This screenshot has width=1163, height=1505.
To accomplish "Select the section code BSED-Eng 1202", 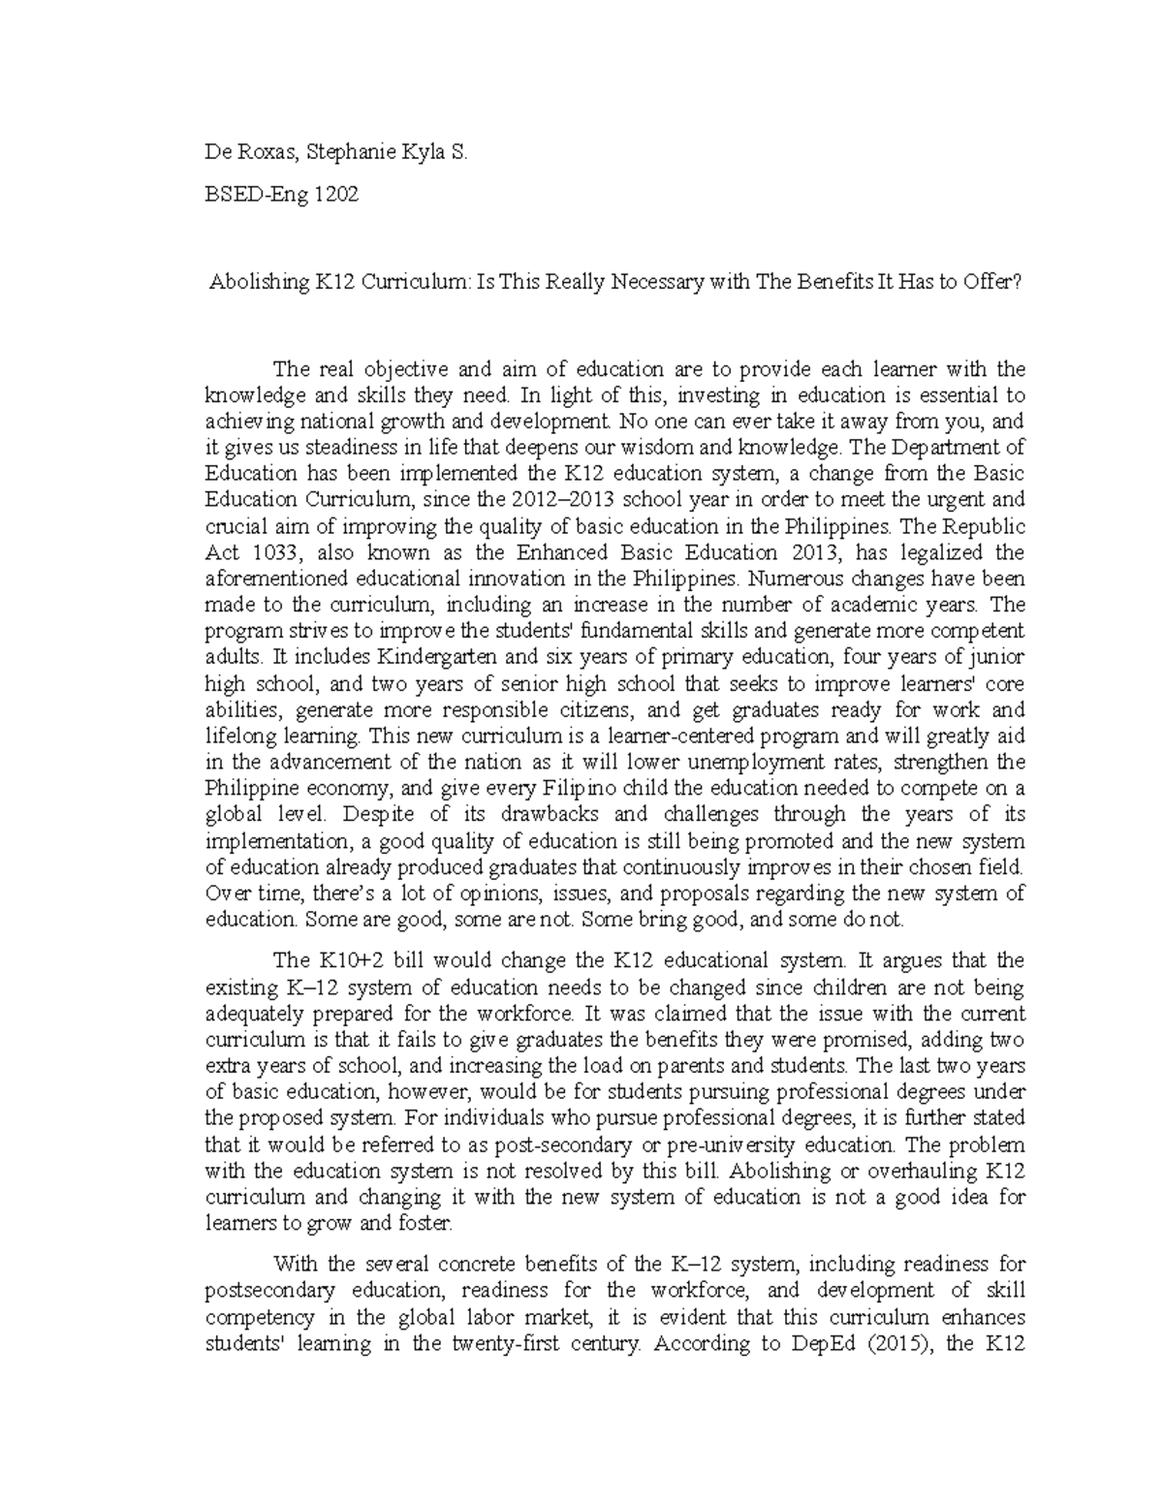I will click(x=281, y=194).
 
